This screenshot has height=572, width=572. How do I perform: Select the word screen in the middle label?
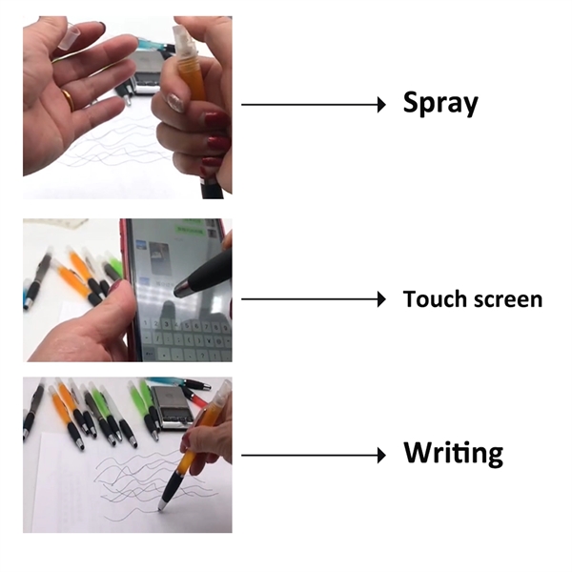click(x=507, y=300)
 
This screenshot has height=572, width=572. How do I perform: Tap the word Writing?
click(x=453, y=453)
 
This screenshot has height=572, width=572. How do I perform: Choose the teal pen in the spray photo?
click(x=148, y=44)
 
